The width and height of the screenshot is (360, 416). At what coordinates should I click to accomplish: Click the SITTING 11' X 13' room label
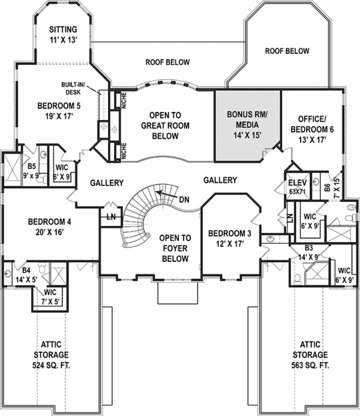coord(62,34)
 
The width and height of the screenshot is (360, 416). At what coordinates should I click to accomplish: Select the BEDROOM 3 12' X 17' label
coord(229,238)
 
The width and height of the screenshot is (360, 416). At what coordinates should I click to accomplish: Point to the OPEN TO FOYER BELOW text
coord(175,248)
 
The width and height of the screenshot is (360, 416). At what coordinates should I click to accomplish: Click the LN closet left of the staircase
coord(111,216)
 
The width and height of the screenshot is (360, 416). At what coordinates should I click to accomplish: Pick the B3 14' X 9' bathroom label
coord(308,251)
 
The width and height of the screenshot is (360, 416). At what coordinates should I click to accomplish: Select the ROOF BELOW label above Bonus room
coord(167,62)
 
